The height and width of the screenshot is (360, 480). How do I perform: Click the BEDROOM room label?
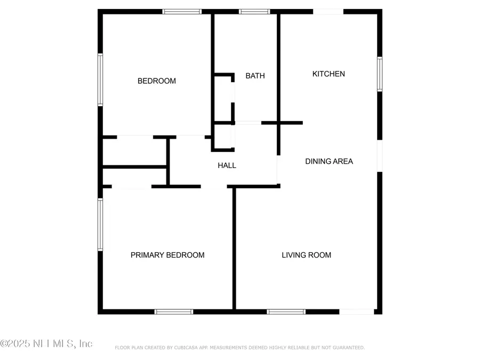[157, 81]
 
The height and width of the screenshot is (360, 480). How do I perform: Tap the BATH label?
[255, 76]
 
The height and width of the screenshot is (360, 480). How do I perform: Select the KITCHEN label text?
[329, 74]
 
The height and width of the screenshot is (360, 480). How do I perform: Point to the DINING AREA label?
[329, 161]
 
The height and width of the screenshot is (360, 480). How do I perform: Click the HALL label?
[227, 165]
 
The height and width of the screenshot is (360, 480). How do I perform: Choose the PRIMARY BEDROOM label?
[167, 255]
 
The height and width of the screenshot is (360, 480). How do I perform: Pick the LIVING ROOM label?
[306, 255]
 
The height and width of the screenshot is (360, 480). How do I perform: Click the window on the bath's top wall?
[254, 11]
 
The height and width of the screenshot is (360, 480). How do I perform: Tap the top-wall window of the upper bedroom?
[182, 11]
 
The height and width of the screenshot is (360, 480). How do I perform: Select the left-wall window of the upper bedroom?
[100, 79]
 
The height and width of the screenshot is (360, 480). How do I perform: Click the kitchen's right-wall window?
[380, 74]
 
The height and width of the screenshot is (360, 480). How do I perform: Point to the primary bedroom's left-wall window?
[100, 225]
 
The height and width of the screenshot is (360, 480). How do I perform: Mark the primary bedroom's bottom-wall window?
[173, 311]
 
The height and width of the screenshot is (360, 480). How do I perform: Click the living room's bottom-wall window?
[286, 311]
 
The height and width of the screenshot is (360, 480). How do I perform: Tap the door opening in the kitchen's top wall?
[328, 11]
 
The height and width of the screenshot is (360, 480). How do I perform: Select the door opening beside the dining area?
[380, 156]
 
